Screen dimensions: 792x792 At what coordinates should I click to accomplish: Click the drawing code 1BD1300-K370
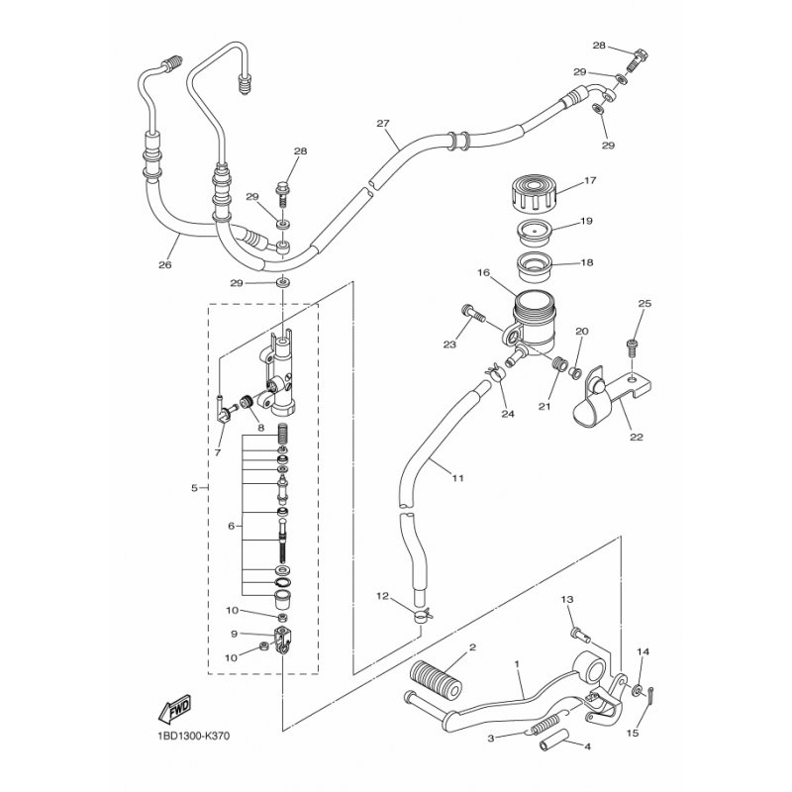(x=190, y=736)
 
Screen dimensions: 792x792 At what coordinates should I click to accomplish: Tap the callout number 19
(x=586, y=221)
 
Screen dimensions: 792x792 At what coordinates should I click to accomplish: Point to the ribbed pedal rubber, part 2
(x=437, y=679)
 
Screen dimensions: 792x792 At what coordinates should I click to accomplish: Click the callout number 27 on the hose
(x=383, y=123)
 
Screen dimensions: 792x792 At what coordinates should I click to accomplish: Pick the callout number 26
(x=165, y=264)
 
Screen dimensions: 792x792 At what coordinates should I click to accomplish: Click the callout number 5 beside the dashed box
(x=194, y=488)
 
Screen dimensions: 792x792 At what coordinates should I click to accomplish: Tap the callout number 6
(x=232, y=527)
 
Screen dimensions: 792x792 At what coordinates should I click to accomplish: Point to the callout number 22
(x=637, y=437)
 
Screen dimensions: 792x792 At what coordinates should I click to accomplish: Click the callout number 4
(x=587, y=746)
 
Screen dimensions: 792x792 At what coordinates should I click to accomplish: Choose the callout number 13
(x=567, y=600)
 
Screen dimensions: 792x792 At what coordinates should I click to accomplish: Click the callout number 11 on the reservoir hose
(x=457, y=477)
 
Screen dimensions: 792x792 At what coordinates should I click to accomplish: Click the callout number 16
(x=483, y=273)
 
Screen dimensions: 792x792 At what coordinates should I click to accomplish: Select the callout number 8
(x=260, y=428)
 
